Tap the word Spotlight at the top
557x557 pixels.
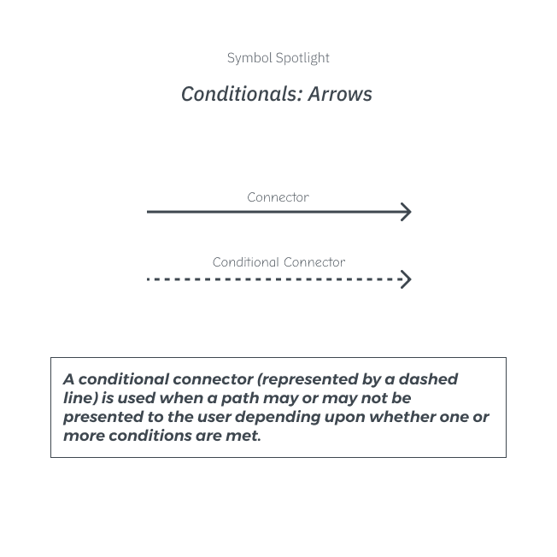click(302, 58)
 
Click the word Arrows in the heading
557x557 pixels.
click(340, 94)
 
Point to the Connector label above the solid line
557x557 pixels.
click(278, 197)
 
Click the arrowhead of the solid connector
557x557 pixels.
click(406, 212)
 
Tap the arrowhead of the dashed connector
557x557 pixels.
click(406, 279)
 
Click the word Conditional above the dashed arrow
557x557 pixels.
click(246, 262)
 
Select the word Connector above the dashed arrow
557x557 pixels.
click(314, 262)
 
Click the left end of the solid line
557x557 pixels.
click(148, 212)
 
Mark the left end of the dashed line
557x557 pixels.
click(148, 279)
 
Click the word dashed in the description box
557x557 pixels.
click(428, 379)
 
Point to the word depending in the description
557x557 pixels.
click(278, 418)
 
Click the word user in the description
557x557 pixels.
click(214, 418)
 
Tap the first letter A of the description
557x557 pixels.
click(69, 379)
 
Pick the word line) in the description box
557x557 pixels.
click(80, 399)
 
